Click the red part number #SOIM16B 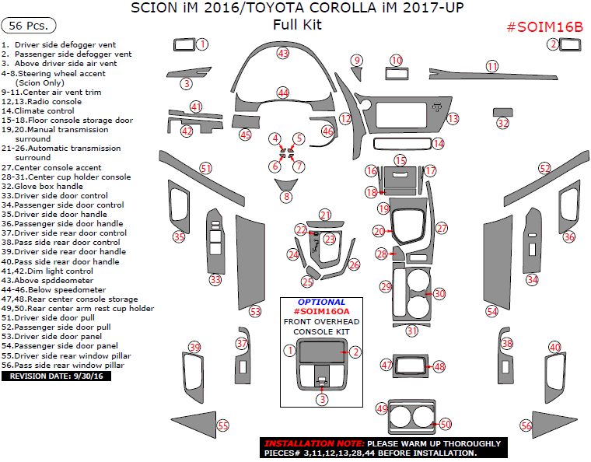(x=544, y=26)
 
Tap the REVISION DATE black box (x=58, y=376)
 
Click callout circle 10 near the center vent (x=397, y=61)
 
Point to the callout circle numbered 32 (x=503, y=123)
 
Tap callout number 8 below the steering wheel (x=286, y=197)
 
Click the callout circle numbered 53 (x=254, y=312)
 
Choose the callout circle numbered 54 (x=491, y=311)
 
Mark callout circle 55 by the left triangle (x=223, y=425)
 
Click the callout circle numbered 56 (x=526, y=425)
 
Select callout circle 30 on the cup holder (x=439, y=294)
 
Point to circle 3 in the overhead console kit (x=321, y=399)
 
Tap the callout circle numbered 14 (x=439, y=143)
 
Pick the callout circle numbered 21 (x=325, y=215)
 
